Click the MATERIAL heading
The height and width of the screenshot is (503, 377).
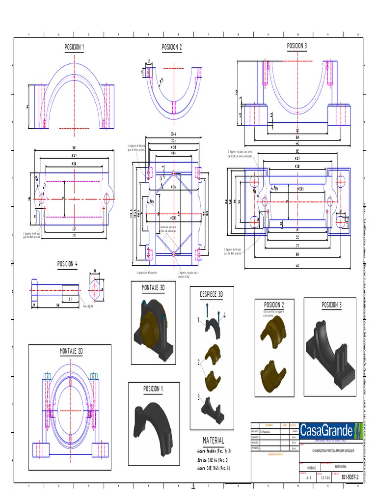(x=214, y=441)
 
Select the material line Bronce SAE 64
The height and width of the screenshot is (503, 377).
(x=213, y=460)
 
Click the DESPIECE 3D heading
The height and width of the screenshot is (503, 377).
(x=211, y=294)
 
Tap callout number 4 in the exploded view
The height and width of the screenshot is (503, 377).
(x=224, y=314)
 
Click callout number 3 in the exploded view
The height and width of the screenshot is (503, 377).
(x=199, y=397)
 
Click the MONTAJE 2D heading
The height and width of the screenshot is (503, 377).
(x=71, y=352)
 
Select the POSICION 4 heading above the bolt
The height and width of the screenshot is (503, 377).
(x=68, y=264)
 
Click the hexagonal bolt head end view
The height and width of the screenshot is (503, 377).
(x=95, y=290)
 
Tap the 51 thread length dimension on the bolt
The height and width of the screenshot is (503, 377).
(x=71, y=298)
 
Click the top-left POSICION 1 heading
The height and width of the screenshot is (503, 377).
(x=74, y=47)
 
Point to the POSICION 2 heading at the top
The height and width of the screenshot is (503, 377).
(x=172, y=47)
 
